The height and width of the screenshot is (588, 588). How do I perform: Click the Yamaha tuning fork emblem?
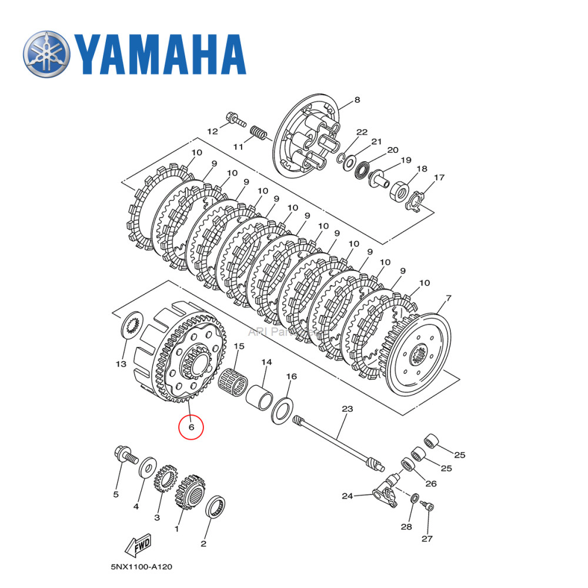46,54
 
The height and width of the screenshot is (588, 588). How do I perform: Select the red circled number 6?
191,427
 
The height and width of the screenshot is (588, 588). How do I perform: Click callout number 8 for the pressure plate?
357,101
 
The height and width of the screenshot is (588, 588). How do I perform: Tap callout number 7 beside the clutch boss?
449,299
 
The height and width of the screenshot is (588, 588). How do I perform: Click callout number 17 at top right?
439,177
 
